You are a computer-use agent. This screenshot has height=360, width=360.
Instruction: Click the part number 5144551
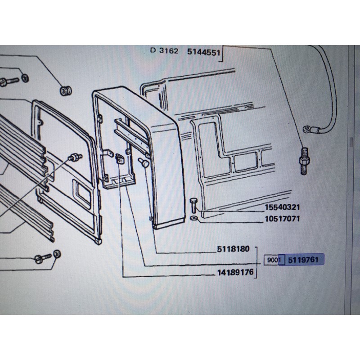[x=204, y=52]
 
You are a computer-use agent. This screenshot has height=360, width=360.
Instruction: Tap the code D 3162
[x=164, y=50]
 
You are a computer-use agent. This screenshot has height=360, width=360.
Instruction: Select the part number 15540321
[x=283, y=207]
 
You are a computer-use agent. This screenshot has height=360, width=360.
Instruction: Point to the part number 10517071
[x=283, y=219]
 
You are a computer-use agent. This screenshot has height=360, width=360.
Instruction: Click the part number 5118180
[x=233, y=249]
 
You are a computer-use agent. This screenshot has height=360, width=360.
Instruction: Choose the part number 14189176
[x=235, y=272]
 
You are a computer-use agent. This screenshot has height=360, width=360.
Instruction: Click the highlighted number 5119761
[x=303, y=260]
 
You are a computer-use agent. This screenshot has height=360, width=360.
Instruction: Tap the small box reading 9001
[x=274, y=260]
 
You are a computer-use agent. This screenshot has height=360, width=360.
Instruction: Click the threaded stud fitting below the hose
[x=303, y=161]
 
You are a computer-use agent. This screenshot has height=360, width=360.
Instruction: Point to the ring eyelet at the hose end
[x=307, y=129]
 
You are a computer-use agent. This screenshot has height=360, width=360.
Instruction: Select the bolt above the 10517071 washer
[x=193, y=205]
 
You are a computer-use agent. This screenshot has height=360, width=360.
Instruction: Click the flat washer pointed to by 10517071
[x=194, y=218]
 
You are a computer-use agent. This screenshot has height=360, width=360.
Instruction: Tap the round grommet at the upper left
[x=66, y=90]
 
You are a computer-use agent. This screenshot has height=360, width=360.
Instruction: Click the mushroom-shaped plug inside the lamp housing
[x=144, y=162]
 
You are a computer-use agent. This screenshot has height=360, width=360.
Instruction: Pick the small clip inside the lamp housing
[x=120, y=159]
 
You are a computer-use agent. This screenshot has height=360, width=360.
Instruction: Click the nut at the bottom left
[x=57, y=254]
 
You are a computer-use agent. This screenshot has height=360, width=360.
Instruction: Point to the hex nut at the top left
[x=25, y=78]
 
